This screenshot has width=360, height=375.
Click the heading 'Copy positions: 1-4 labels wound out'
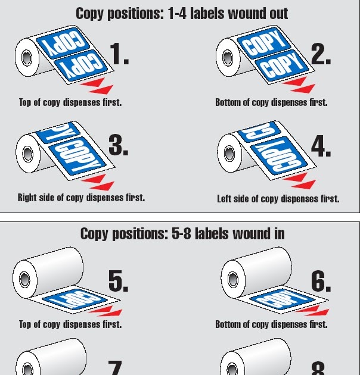coord(182,13)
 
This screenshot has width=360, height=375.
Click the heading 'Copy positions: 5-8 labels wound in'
coord(182,234)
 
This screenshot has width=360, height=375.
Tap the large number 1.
coord(119,55)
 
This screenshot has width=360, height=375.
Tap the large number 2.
coord(320,55)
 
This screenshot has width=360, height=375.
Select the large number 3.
coord(118,145)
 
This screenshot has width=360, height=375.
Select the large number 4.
coord(321,146)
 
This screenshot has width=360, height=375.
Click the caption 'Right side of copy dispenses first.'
coord(81,198)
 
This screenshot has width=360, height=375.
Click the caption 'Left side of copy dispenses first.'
coord(278,199)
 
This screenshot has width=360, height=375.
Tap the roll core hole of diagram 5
coord(24,278)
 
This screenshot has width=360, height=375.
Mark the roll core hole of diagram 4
coord(229,153)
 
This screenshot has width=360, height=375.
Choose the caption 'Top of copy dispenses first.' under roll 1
coord(70,102)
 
